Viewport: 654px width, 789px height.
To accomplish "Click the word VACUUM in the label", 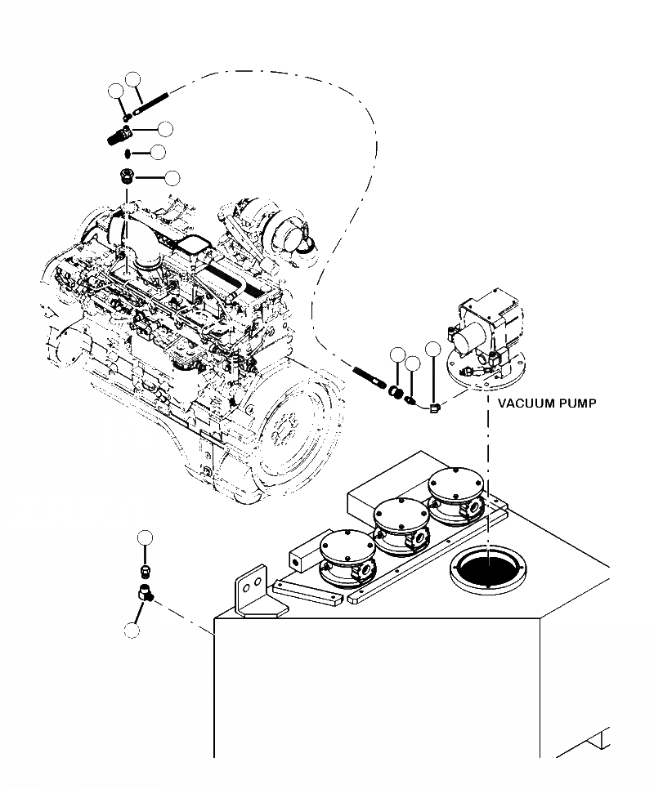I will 525,403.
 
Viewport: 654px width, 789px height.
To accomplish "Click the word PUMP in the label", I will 575,403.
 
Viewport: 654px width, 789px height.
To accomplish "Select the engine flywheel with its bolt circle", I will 291,430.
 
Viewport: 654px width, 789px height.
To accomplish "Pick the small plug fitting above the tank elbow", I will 145,568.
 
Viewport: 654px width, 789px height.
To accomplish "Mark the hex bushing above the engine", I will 127,176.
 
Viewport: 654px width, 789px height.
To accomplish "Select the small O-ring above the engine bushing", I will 128,153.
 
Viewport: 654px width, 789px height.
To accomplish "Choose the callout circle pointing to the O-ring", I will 158,152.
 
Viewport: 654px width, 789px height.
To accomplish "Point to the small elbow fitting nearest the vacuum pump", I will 434,405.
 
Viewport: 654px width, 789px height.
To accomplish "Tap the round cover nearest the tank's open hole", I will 453,490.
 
